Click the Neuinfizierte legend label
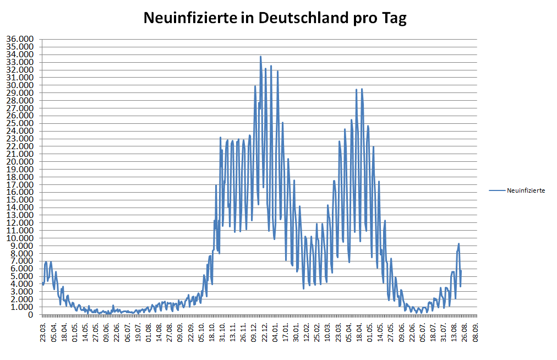click(x=526, y=190)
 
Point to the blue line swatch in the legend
click(x=496, y=190)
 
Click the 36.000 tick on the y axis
click(x=19, y=39)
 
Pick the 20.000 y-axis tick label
click(x=19, y=162)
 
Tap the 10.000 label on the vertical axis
click(x=19, y=238)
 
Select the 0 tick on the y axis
click(x=31, y=315)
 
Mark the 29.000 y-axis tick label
click(x=19, y=93)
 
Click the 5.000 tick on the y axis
click(x=21, y=276)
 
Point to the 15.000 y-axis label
click(x=19, y=200)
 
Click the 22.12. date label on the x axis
click(x=265, y=332)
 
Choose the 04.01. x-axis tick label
click(x=275, y=332)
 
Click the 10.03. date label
click(x=328, y=332)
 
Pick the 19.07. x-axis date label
click(x=138, y=332)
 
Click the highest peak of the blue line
click(x=260, y=57)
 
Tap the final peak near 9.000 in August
click(x=458, y=244)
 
